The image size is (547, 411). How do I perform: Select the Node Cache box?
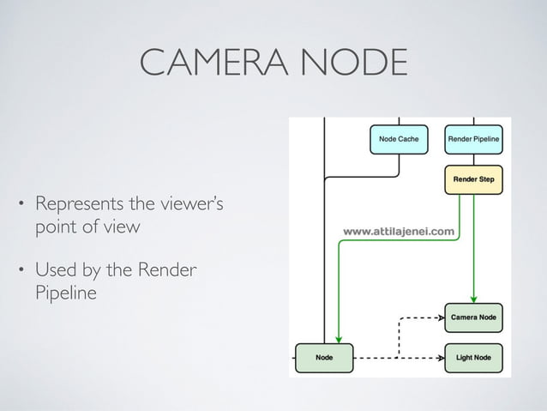[x=399, y=138]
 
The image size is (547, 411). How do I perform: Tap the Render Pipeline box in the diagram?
[x=474, y=138]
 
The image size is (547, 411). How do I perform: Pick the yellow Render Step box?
[x=474, y=180]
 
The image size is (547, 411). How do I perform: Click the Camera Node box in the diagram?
[x=474, y=317]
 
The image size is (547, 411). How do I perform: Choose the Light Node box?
[x=474, y=357]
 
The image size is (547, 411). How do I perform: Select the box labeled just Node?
[x=325, y=357]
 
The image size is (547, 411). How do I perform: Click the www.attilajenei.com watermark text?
[x=400, y=231]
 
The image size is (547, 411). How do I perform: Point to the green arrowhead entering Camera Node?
[x=474, y=298]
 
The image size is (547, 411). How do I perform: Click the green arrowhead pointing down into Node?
[x=340, y=337]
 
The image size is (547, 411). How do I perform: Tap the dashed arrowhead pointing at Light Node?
[x=438, y=357]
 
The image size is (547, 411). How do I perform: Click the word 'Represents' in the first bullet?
[x=77, y=206]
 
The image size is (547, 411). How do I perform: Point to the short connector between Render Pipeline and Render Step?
[x=474, y=160]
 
